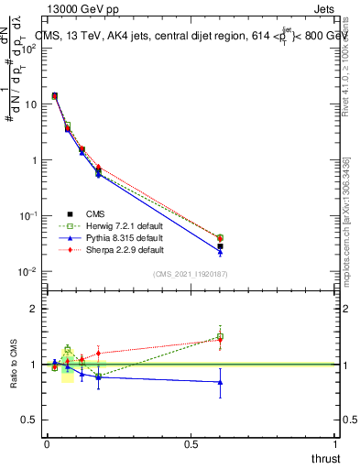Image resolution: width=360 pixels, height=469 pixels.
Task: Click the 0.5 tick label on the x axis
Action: (x=191, y=442)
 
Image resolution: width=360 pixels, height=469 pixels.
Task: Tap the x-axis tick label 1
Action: (x=336, y=442)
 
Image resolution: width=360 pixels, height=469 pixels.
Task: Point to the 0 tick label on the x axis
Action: (x=46, y=442)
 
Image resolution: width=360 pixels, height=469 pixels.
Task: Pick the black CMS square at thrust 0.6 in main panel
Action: (x=220, y=246)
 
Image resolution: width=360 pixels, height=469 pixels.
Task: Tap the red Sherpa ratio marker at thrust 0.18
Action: (x=98, y=353)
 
